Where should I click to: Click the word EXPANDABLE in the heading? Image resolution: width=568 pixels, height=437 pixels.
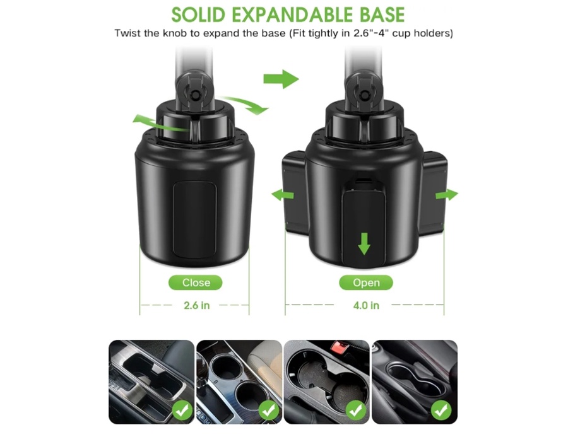[x=292, y=15]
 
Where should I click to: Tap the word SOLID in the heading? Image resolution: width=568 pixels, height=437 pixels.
[x=198, y=15]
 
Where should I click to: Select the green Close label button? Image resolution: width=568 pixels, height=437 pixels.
[x=196, y=283]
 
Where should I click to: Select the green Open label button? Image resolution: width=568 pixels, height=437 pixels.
[x=366, y=283]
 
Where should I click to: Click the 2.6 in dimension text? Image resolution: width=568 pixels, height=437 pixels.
[x=197, y=305]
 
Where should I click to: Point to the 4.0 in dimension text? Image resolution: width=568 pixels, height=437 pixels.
[x=366, y=305]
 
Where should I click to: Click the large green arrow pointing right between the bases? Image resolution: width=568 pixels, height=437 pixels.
[x=281, y=79]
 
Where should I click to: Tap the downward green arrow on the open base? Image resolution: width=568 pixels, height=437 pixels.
[x=364, y=243]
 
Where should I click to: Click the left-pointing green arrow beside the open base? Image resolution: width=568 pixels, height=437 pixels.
[x=283, y=195]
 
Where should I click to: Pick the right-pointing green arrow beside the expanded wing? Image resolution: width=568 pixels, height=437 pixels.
[x=447, y=195]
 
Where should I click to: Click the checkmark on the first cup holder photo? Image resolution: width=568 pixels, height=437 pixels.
[x=182, y=411]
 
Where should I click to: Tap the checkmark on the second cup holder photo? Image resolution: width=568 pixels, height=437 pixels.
[x=268, y=411]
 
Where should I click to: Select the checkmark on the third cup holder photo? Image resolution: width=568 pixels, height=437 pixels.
[x=356, y=411]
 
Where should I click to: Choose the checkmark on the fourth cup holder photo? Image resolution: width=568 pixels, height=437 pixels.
[x=441, y=411]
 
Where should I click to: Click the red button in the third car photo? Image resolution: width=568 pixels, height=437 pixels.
[x=340, y=346]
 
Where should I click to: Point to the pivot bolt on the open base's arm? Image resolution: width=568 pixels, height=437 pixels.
[x=364, y=94]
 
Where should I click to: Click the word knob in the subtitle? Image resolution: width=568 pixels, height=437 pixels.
[x=175, y=33]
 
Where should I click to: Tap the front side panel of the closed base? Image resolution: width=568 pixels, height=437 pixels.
[x=194, y=220]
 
